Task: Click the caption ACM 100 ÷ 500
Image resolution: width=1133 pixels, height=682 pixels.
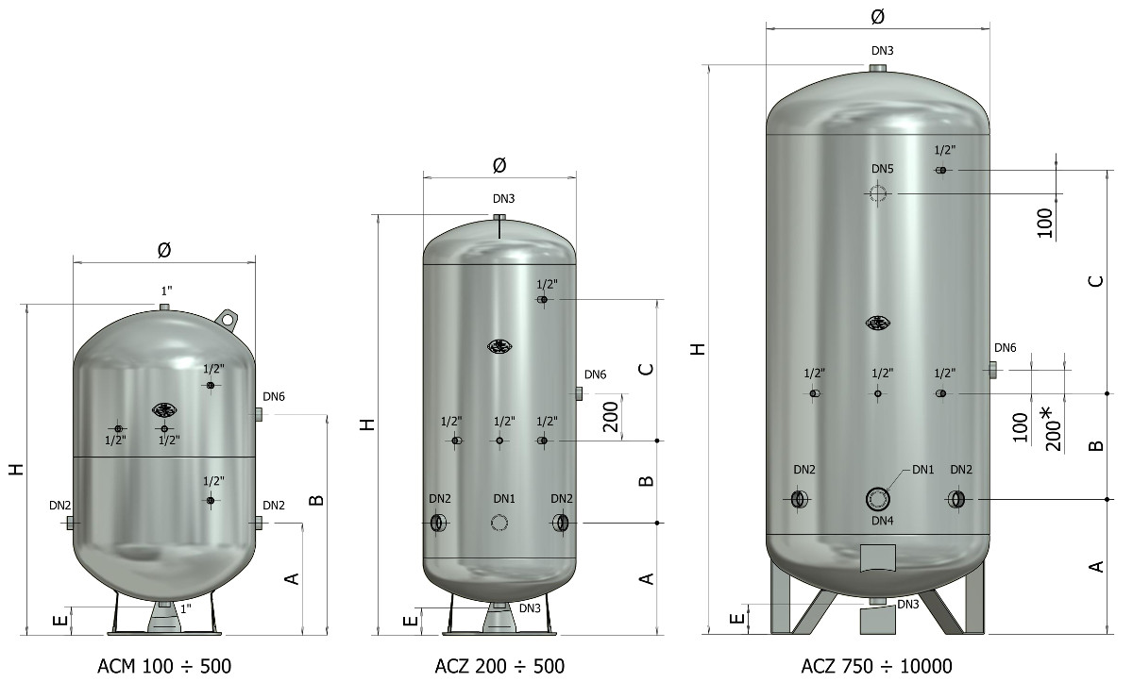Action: coord(164,666)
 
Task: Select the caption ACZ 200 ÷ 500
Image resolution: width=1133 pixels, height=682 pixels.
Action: coord(499,666)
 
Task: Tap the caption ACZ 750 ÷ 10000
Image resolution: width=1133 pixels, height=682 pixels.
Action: coord(876,666)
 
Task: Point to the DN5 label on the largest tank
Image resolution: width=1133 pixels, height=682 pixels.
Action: coord(883,169)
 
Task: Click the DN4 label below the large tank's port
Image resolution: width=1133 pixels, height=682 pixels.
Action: coord(883,521)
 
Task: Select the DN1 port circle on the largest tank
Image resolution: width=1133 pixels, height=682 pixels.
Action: coord(878,500)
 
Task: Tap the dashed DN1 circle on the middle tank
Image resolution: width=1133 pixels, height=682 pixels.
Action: coord(499,523)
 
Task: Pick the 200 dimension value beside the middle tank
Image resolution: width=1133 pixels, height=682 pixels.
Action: coord(611,417)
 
